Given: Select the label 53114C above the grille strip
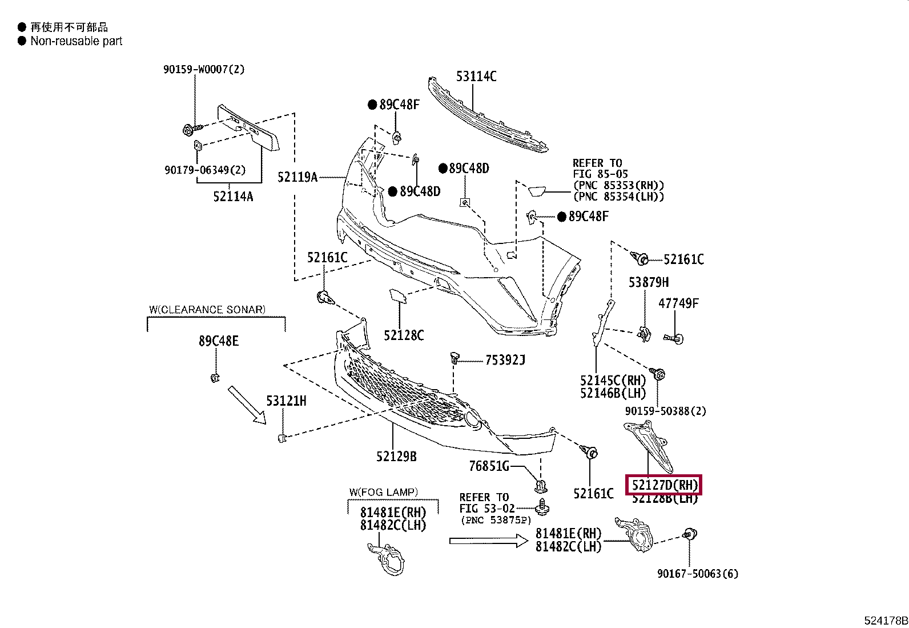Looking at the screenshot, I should coord(476,76).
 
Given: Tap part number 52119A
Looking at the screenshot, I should coord(297,177).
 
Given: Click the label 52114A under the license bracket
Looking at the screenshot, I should coord(233,197).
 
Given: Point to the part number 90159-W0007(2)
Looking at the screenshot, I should coord(204,69).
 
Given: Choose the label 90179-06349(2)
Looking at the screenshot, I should coord(205,170).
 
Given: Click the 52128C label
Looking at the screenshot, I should coord(404,335).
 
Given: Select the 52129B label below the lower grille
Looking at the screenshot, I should coord(396,456).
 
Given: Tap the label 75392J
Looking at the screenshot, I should coord(505,360).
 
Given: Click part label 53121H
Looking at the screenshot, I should coord(286,401).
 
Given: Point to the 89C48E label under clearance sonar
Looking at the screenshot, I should coord(219,341).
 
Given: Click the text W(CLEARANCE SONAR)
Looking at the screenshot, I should coord(207,310).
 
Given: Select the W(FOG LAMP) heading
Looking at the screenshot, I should coord(384,492).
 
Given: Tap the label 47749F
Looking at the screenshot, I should coord(678,303).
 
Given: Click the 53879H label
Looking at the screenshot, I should coord(649,282).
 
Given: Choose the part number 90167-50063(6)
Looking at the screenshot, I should coord(697,573).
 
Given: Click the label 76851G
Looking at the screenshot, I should coord(489,466).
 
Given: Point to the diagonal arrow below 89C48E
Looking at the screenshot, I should coord(247,405).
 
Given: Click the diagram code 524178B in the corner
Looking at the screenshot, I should coord(886,621).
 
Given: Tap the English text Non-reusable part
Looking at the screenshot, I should coord(77,41).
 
